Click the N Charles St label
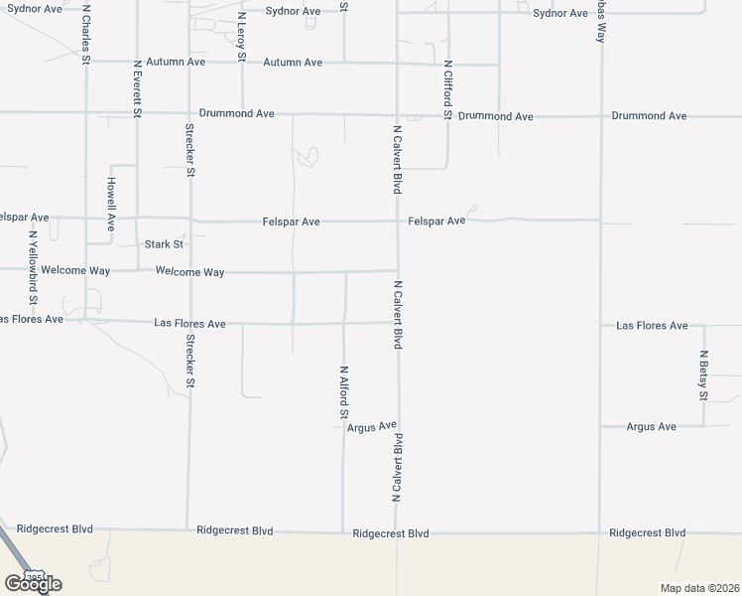86,36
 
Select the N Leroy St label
241,36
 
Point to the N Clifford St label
447,89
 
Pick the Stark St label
164,243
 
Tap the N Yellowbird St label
33,268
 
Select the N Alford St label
343,391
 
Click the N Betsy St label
703,375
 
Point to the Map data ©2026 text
699,588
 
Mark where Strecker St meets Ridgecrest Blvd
187,529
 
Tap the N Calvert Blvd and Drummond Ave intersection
398,115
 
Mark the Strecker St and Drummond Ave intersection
187,113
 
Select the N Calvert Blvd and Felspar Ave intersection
398,221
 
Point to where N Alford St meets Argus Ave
343,428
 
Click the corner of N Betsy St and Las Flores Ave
703,325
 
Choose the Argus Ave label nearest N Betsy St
652,426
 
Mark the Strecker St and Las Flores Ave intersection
187,322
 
